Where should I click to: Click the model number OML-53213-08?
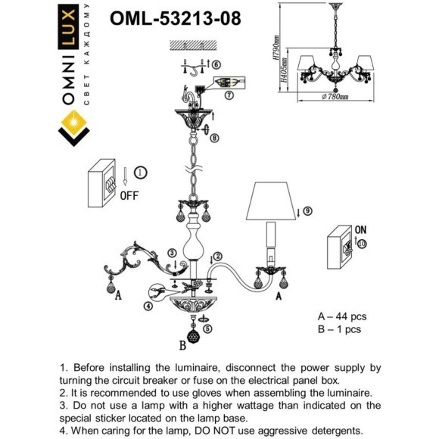click(x=176, y=18)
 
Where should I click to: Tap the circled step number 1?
click(x=141, y=173)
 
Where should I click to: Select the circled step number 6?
click(x=216, y=64)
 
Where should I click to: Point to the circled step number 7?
click(x=229, y=95)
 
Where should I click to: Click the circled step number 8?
click(x=215, y=138)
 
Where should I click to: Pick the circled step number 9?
click(x=307, y=211)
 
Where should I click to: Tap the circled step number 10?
click(x=362, y=244)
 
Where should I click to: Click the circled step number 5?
click(x=207, y=328)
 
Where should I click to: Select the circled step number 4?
click(x=148, y=307)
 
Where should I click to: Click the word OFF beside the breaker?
click(x=129, y=196)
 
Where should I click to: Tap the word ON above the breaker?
click(x=360, y=230)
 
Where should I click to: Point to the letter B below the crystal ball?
click(x=182, y=345)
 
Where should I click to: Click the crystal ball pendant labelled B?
click(x=193, y=336)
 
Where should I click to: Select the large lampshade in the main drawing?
click(x=271, y=201)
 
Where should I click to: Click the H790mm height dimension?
click(x=276, y=48)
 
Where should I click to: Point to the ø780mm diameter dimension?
click(x=335, y=97)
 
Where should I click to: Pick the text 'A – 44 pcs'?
click(x=342, y=316)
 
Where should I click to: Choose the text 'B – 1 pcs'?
click(x=339, y=329)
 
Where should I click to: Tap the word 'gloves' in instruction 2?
click(x=207, y=393)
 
